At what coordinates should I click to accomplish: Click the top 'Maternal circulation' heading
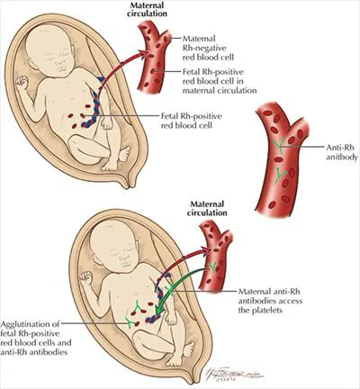[147, 9]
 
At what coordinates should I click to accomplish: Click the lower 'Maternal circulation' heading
[207, 208]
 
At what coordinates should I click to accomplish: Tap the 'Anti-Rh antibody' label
[342, 152]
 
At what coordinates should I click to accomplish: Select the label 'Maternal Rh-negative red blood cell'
[208, 48]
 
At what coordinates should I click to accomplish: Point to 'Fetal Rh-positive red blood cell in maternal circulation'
[220, 81]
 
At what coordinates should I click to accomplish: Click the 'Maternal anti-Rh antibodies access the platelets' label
[270, 301]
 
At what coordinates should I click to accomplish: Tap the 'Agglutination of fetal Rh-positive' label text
[30, 329]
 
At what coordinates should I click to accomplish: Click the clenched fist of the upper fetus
[22, 82]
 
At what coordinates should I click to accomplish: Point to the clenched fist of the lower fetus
[85, 277]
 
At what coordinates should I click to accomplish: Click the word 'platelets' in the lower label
[260, 310]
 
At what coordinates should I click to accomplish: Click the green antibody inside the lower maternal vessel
[212, 267]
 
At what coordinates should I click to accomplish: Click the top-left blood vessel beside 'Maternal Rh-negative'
[152, 57]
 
